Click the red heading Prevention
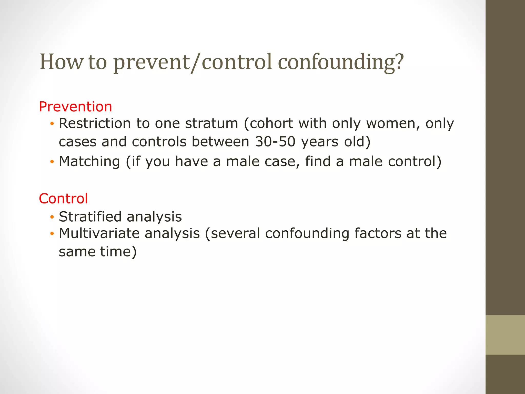tap(75, 107)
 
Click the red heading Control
tap(63, 199)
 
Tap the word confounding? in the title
tap(341, 62)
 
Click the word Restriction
tap(95, 123)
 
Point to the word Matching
tap(89, 161)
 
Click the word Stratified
tap(90, 217)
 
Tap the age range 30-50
tap(275, 142)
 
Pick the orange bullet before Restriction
tap(52, 124)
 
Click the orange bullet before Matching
tap(52, 162)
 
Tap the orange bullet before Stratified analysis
tap(52, 217)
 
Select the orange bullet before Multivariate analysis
tap(52, 234)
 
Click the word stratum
tap(211, 123)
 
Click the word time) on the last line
tap(118, 252)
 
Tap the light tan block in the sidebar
tap(505, 335)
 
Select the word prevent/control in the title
tap(192, 62)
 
